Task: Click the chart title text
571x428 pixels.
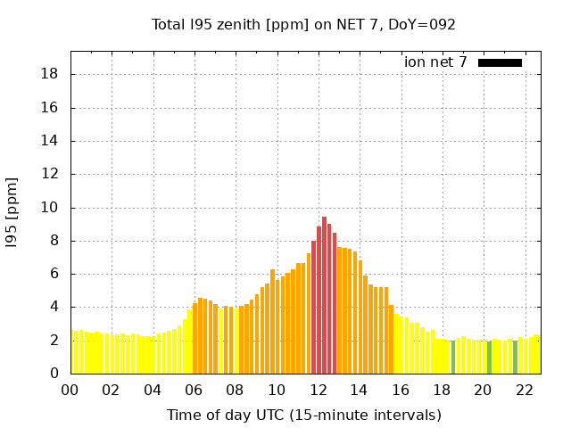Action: point(303,24)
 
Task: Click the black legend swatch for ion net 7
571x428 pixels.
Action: point(500,62)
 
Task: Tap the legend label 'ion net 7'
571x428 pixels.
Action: point(435,62)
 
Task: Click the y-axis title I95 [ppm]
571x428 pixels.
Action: point(12,212)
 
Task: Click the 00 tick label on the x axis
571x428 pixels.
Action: point(70,390)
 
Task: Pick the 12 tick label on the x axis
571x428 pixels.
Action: point(319,390)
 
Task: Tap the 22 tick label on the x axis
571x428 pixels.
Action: point(525,390)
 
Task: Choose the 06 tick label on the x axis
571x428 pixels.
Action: point(194,390)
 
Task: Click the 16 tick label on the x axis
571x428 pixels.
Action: point(401,390)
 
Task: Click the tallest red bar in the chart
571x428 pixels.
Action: point(324,295)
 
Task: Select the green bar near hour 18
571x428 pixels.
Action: point(453,357)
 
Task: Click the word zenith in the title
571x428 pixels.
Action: point(234,24)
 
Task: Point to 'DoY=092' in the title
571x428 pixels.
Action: point(426,24)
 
